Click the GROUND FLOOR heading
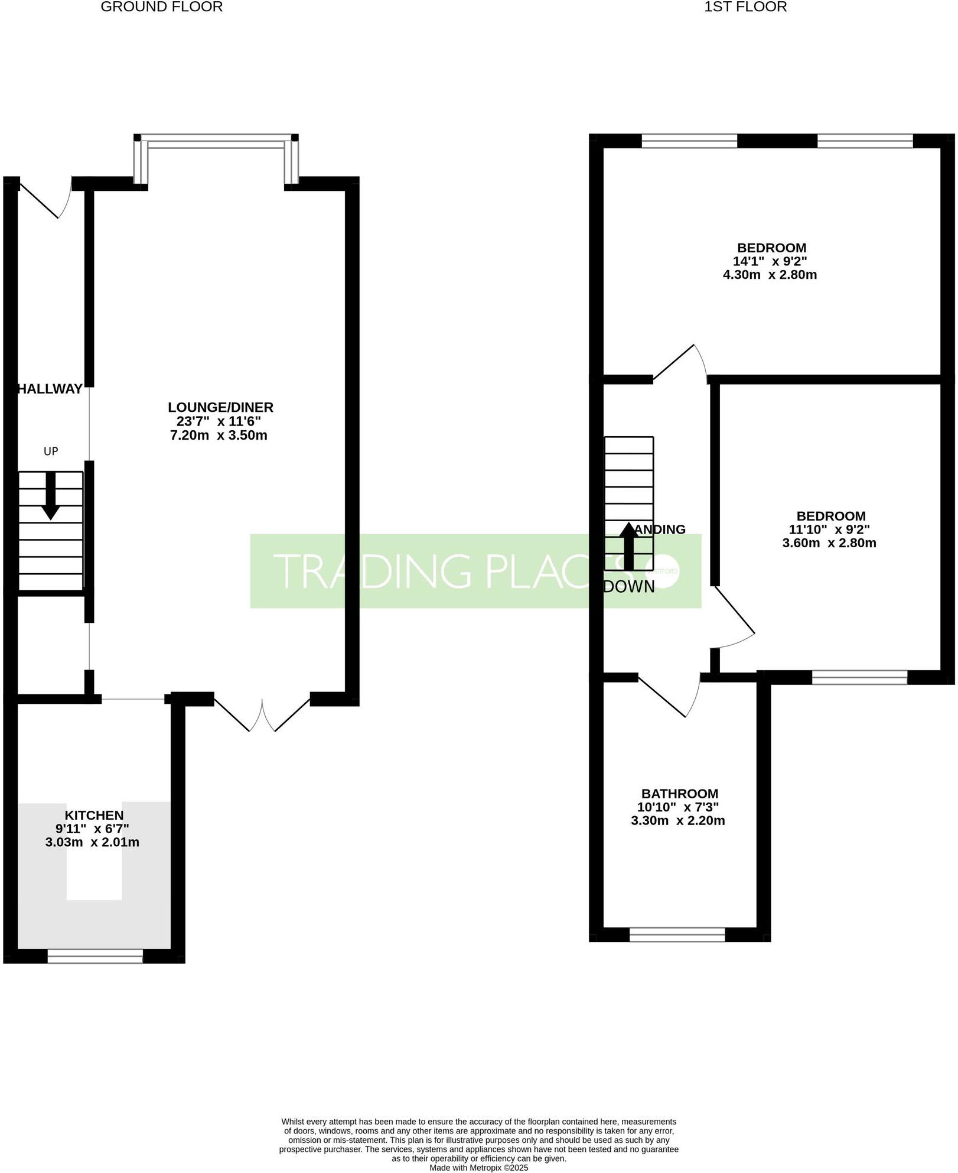pyautogui.click(x=162, y=7)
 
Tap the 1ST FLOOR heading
pyautogui.click(x=745, y=7)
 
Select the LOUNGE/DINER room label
pyautogui.click(x=220, y=407)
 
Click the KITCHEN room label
pyautogui.click(x=94, y=815)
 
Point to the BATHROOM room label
pyautogui.click(x=680, y=794)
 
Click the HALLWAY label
pyautogui.click(x=50, y=389)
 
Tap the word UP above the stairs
pyautogui.click(x=51, y=451)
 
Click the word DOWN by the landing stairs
pyautogui.click(x=629, y=587)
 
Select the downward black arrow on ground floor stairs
pyautogui.click(x=51, y=495)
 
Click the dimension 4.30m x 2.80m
pyautogui.click(x=770, y=275)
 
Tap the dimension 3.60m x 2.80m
pyautogui.click(x=829, y=543)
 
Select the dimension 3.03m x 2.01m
pyautogui.click(x=92, y=842)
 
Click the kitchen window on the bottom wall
pyautogui.click(x=95, y=956)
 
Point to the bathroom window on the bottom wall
pyautogui.click(x=677, y=934)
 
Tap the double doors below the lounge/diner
pyautogui.click(x=262, y=715)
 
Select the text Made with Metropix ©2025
pyautogui.click(x=479, y=1168)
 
